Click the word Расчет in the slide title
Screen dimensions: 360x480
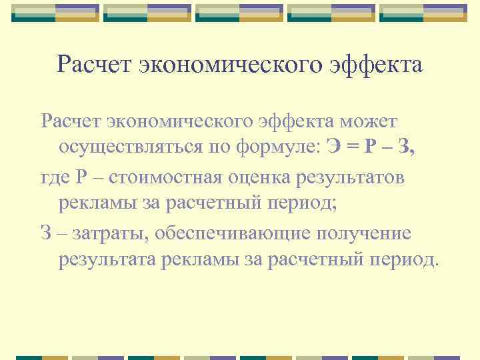(x=93, y=65)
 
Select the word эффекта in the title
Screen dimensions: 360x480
(x=373, y=65)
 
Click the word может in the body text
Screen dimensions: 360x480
(x=368, y=121)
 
